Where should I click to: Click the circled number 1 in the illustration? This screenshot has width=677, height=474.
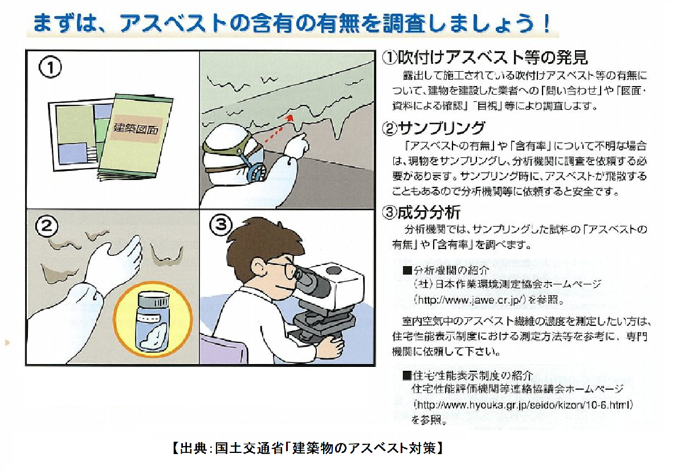(50, 68)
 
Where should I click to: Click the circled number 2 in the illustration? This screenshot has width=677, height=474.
(47, 227)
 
